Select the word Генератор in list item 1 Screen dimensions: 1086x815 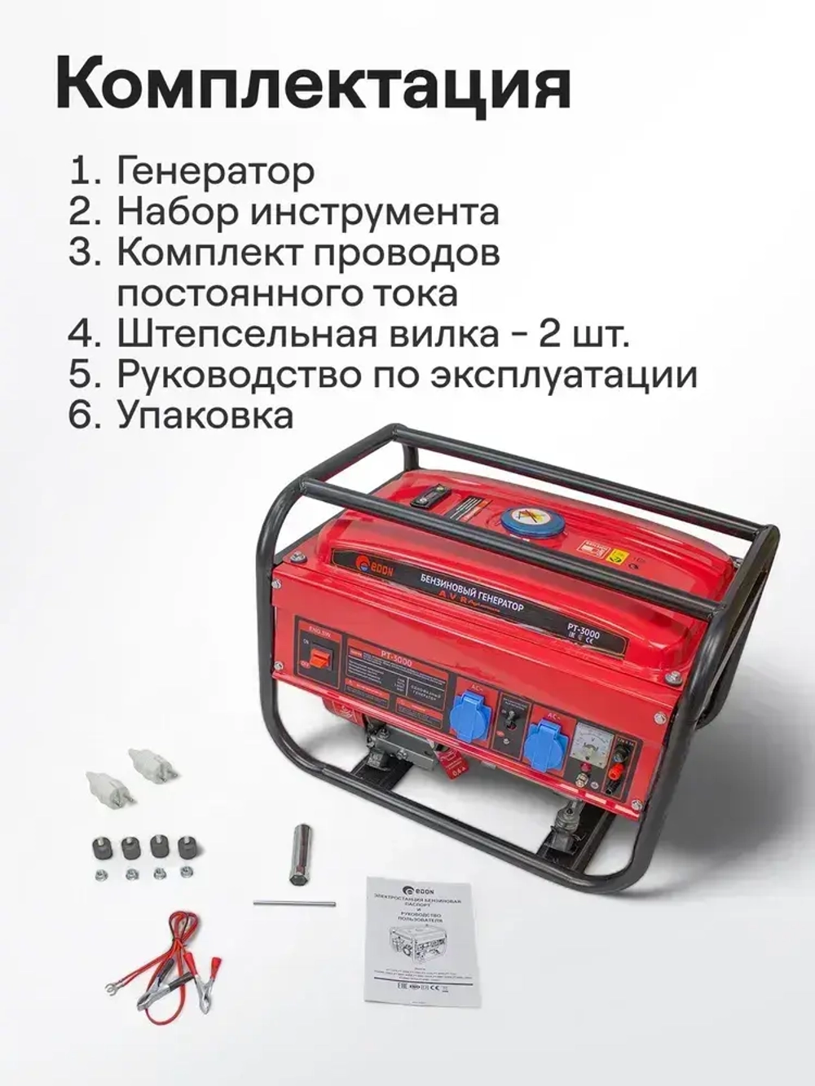(215, 171)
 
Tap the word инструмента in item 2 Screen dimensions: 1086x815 (374, 212)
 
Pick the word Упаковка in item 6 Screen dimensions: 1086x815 (205, 415)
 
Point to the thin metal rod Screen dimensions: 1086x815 (295, 903)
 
